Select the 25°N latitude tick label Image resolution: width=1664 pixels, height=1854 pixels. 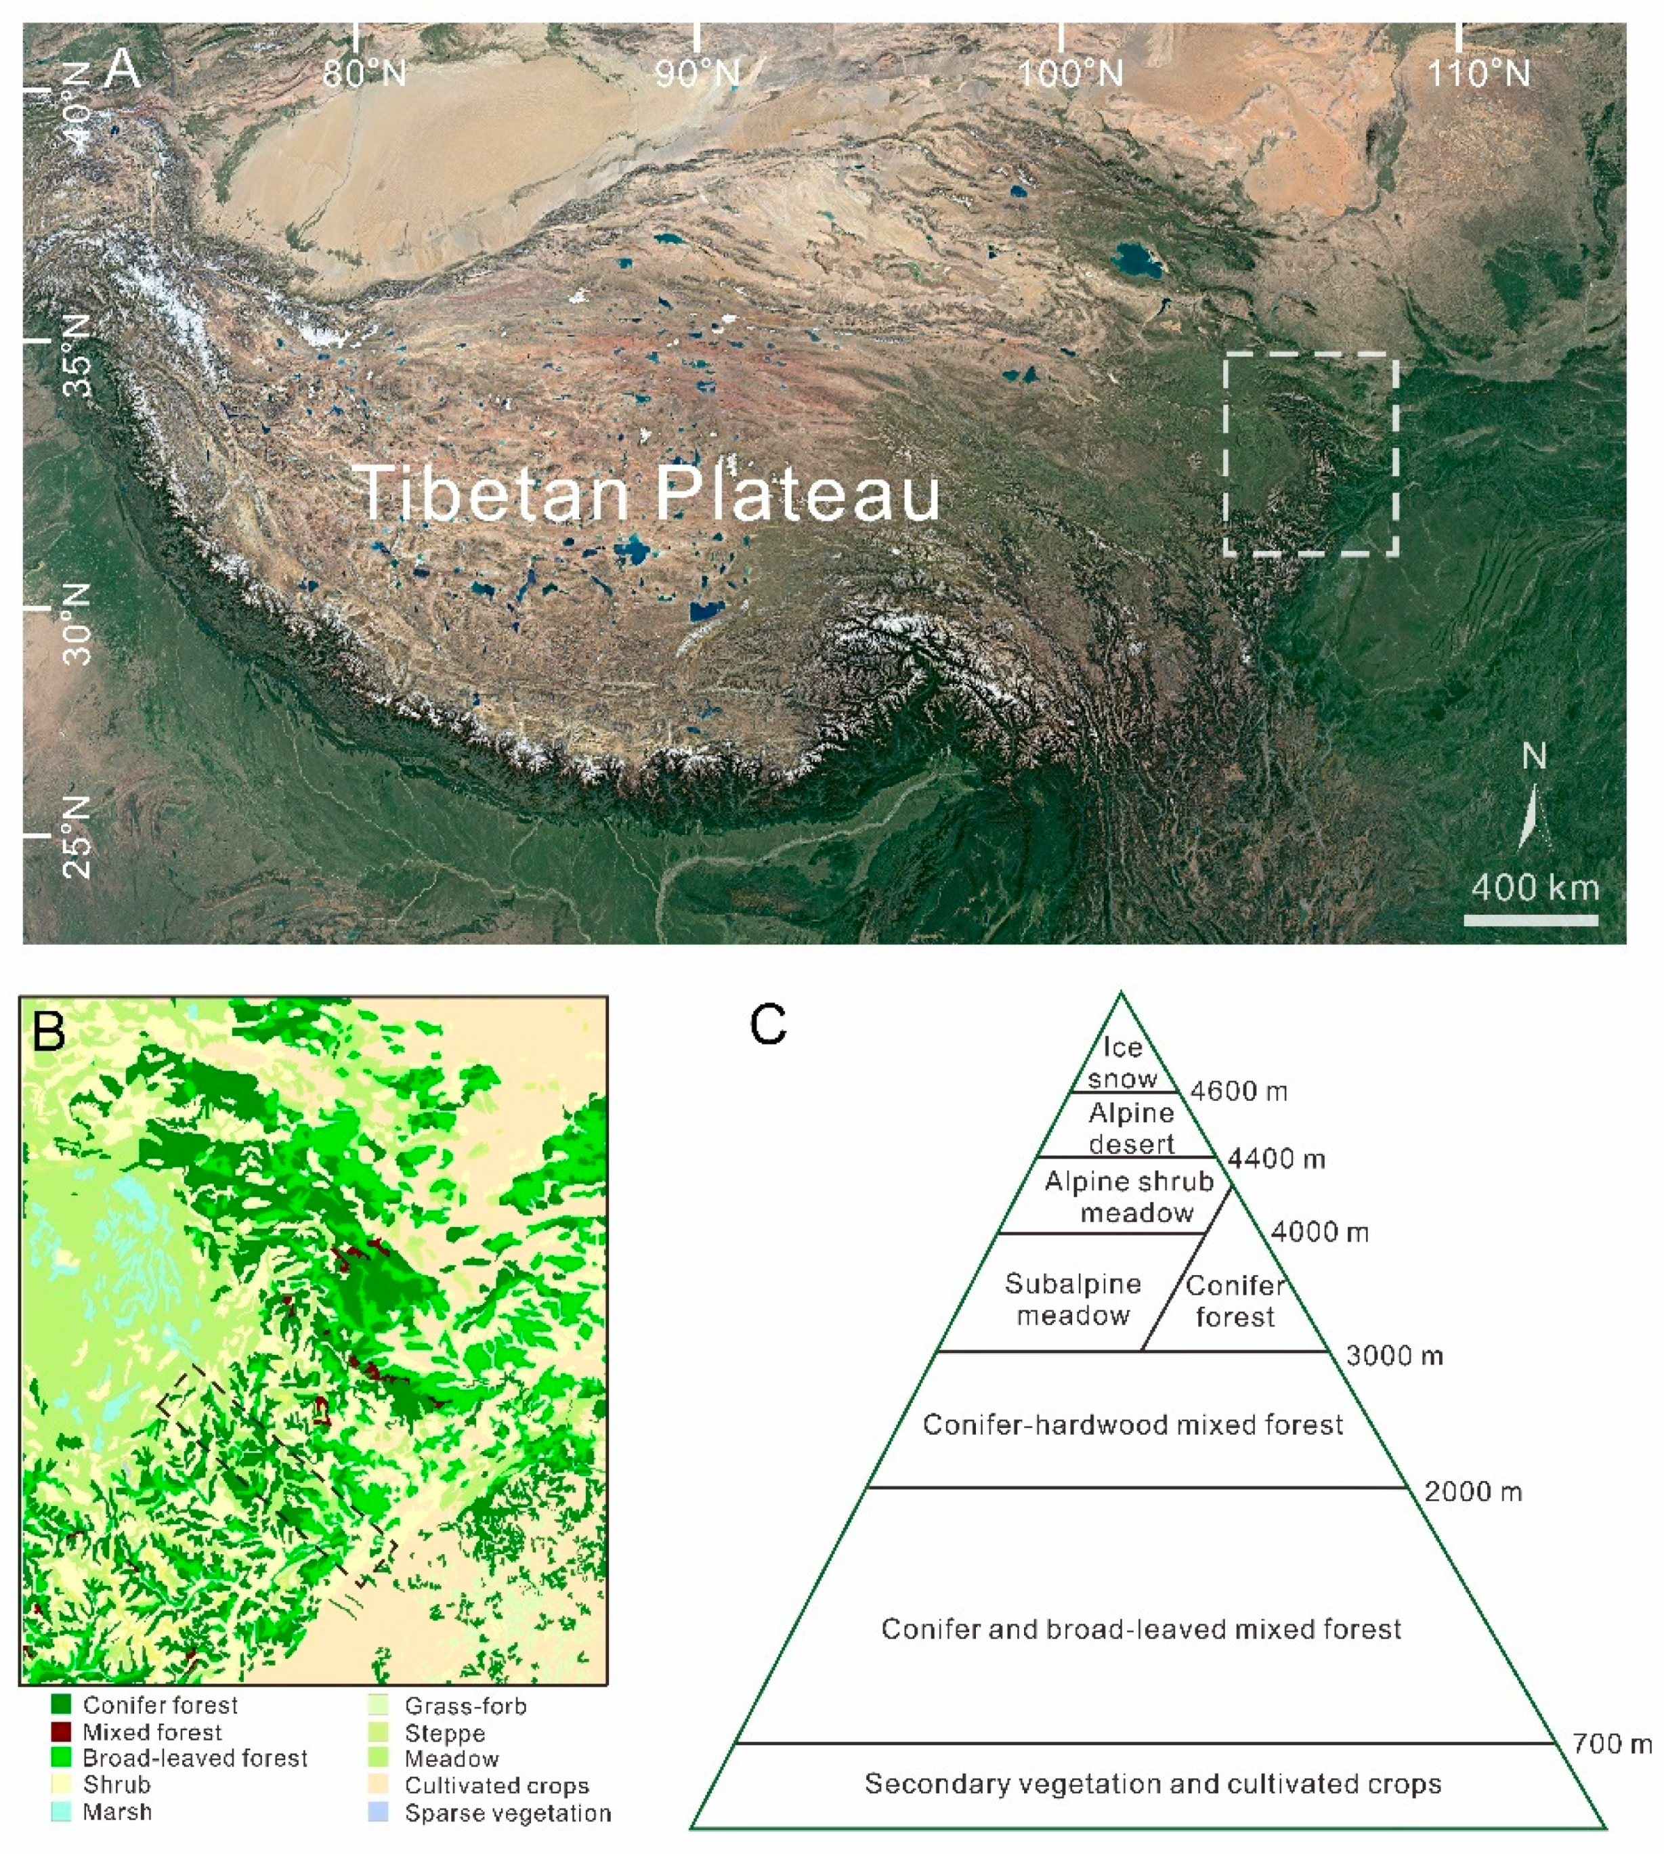pos(79,836)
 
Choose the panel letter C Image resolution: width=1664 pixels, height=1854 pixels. pos(767,1025)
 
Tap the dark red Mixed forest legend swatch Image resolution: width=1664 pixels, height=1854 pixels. pos(61,1731)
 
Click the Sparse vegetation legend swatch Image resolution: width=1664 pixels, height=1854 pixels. pos(379,1812)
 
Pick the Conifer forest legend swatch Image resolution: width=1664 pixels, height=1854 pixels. pos(61,1705)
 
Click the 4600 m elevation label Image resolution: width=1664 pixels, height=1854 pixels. pos(1239,1092)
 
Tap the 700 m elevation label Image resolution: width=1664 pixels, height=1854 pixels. pos(1612,1744)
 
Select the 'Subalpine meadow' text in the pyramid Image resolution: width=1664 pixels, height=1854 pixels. pos(1073,1299)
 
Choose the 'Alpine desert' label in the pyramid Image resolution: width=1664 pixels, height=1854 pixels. pos(1131,1128)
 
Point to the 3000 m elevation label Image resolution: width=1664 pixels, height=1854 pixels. pos(1394,1356)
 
